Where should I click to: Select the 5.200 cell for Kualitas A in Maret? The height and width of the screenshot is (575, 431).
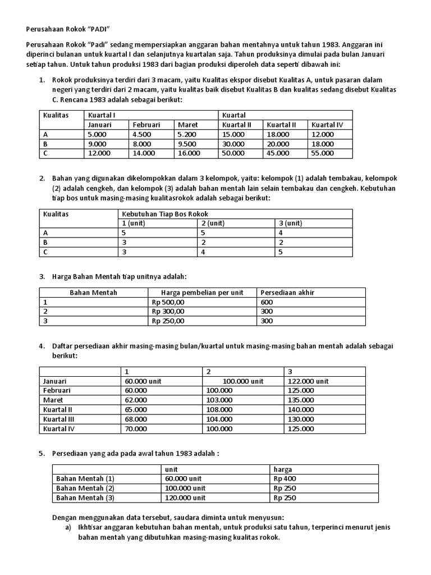click(x=187, y=134)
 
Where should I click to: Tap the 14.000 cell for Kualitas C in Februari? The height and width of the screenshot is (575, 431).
click(x=144, y=153)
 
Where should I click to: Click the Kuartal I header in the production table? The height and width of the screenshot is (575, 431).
click(x=99, y=115)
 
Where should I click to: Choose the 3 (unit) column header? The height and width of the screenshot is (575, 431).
click(x=290, y=223)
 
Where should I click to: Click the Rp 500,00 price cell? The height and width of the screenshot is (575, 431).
click(x=168, y=302)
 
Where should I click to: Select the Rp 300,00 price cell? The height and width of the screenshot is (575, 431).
click(x=168, y=311)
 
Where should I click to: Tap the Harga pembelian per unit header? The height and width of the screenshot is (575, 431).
click(x=201, y=293)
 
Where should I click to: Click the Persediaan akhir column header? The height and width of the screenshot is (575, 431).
click(x=287, y=293)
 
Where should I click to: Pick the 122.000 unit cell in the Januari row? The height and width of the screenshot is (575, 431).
click(x=308, y=381)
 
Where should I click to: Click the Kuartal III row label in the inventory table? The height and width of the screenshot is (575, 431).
click(x=59, y=419)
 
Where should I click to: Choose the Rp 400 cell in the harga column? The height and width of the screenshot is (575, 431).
click(x=285, y=478)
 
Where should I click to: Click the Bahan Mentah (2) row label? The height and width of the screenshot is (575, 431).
click(x=85, y=488)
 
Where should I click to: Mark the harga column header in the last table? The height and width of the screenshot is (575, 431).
click(x=283, y=469)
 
